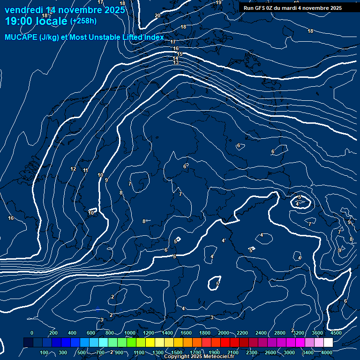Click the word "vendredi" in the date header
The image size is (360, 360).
pos(23,10)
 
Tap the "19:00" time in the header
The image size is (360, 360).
pos(17,21)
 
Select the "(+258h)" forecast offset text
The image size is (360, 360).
pos(83,21)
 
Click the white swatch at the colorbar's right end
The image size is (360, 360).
pos(329,343)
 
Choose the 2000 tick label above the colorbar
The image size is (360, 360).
pos(224,333)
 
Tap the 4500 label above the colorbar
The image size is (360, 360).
pos(336,333)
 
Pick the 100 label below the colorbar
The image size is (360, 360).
pos(45,352)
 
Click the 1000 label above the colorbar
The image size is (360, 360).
pos(130,333)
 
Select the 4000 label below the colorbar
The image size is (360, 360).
pos(327,352)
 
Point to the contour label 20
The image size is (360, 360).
pos(157,15)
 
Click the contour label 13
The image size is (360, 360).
pos(176,62)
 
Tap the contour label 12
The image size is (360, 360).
pos(73,169)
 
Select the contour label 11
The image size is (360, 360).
pos(85,170)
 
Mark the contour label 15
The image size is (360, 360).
pos(179,54)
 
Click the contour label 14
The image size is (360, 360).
pos(176,58)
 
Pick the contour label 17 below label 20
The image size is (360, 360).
pos(173,42)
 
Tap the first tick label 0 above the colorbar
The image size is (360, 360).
pos(32,333)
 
